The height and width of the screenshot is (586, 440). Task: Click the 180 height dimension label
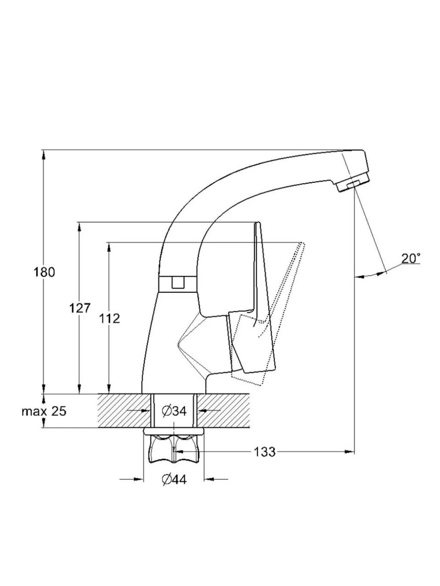(x=44, y=272)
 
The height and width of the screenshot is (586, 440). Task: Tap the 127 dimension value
(x=80, y=309)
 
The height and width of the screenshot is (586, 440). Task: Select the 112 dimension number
(x=109, y=319)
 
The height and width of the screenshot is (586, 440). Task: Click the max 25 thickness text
(x=44, y=412)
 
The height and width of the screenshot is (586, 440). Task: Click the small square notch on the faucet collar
(x=178, y=282)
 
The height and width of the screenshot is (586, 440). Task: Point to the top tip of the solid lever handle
(x=258, y=222)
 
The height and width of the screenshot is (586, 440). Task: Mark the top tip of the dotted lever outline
(x=302, y=243)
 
